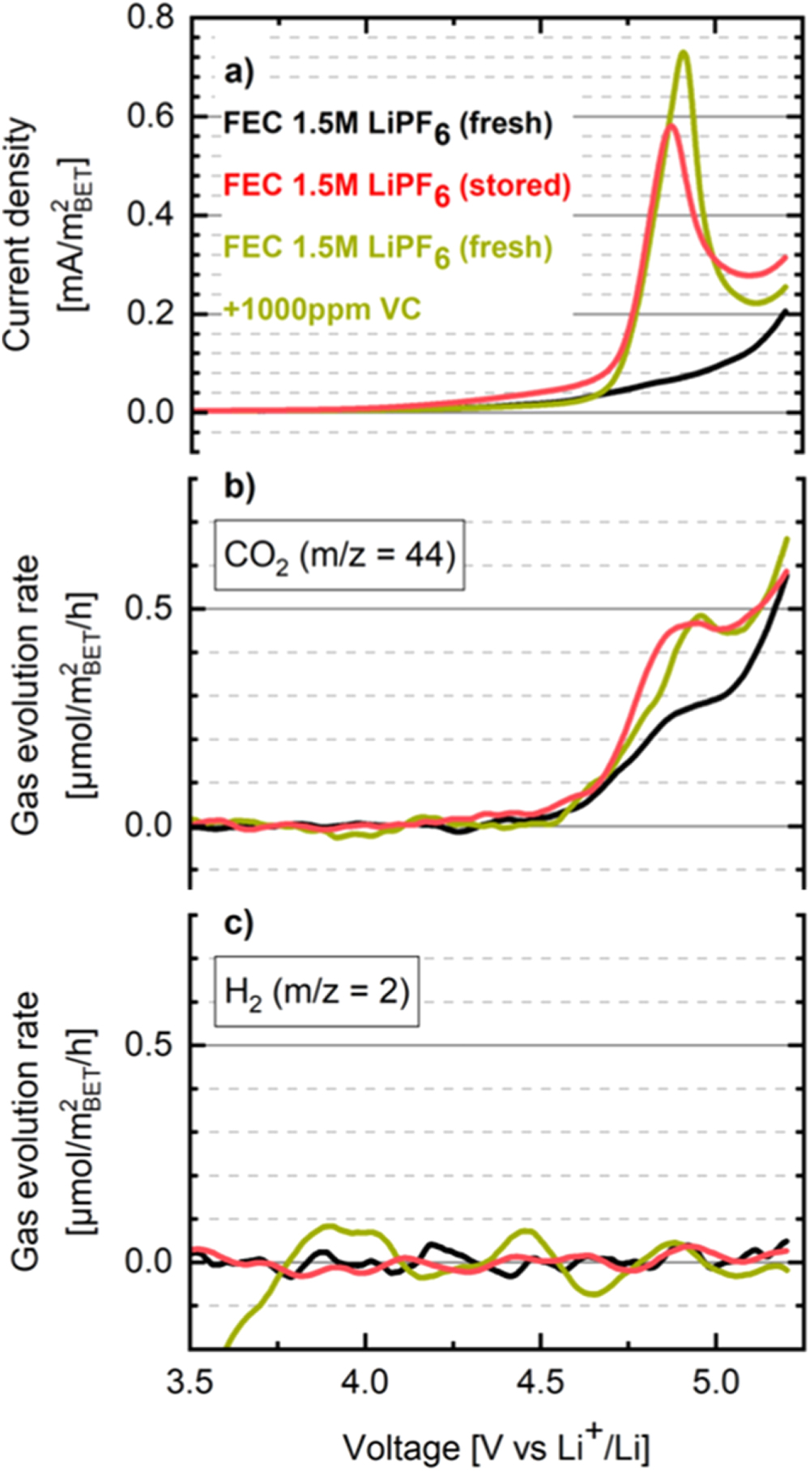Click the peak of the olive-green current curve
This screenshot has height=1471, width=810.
(684, 53)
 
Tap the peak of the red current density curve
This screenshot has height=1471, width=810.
(671, 125)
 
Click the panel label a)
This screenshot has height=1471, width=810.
(239, 75)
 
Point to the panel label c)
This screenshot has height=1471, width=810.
(239, 923)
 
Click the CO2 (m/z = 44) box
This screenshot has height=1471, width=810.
(339, 556)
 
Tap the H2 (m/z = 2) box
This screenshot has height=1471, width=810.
(317, 991)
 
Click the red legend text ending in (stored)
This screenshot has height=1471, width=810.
(397, 186)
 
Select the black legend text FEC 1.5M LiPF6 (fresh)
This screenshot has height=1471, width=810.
(388, 124)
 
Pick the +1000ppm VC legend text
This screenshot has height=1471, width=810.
(322, 309)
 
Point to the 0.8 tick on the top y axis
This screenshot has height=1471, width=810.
(151, 18)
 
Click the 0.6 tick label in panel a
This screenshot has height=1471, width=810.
(151, 116)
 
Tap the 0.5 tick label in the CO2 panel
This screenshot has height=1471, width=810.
(151, 608)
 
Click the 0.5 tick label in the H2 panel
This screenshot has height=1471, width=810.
(151, 1044)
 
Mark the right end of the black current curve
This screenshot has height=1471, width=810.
(786, 311)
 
